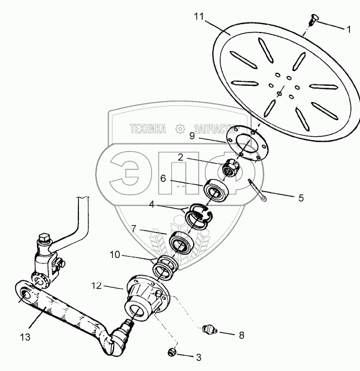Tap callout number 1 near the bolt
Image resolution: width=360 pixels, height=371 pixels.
point(348,27)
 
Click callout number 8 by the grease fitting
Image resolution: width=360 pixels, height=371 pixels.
point(241,335)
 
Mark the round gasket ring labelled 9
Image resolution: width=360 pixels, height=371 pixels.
point(246,143)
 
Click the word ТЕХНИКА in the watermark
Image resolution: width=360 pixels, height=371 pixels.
point(148,129)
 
